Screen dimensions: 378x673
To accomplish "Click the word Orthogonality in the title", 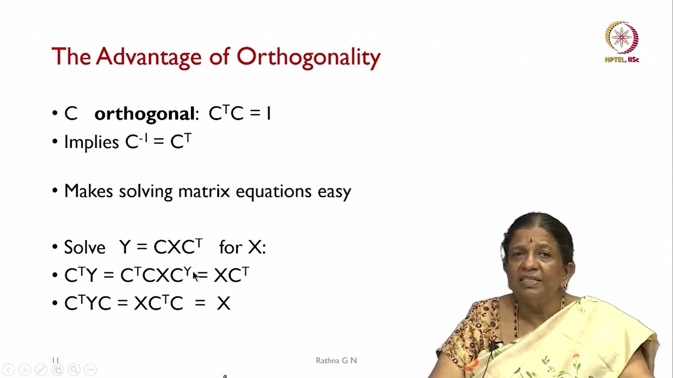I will point(308,57).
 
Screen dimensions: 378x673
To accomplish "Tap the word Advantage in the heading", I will point(149,57).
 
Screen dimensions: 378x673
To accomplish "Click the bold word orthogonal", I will point(144,114).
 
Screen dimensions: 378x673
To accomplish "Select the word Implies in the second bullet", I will point(91,142).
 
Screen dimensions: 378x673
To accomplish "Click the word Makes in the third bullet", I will point(88,191).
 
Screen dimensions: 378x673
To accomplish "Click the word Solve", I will point(85,247).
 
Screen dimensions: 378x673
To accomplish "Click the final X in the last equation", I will point(223,303).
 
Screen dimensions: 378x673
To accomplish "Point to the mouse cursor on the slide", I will point(196,277).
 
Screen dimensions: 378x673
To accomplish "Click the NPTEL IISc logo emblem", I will point(621,38).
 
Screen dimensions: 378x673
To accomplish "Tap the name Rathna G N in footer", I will point(336,361).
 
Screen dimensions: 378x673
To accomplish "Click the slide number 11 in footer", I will point(55,361).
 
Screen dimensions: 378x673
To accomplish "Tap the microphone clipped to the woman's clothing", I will point(494,347).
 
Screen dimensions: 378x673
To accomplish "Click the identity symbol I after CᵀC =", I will point(268,114).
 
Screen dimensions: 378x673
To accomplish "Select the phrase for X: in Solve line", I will point(242,247).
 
